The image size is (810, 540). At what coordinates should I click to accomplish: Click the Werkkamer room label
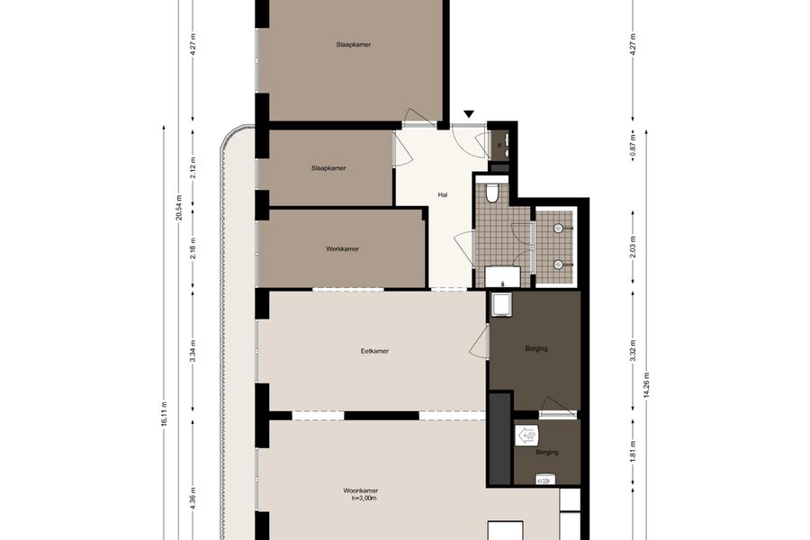point(343,248)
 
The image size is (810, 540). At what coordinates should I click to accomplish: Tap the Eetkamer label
point(374,351)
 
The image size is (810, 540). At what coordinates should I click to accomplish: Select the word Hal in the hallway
point(442,194)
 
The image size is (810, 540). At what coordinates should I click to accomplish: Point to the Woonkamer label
point(361,490)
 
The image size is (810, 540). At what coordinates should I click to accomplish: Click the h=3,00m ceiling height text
point(364,498)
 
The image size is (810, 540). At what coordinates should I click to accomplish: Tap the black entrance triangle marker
point(469,114)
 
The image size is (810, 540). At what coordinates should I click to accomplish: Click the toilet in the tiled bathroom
point(491,193)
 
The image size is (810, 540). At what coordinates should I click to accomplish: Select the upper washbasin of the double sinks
point(558,228)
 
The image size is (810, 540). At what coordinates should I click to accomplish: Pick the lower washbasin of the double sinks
point(558,265)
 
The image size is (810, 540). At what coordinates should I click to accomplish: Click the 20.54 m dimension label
point(179,207)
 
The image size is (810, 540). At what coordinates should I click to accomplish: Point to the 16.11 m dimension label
point(165,414)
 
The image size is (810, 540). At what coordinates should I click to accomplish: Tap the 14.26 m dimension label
point(647,385)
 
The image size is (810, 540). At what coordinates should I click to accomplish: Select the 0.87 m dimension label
point(634,146)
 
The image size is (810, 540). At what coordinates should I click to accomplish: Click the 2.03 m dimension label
point(634,247)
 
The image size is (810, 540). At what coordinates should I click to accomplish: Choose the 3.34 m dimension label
point(193,351)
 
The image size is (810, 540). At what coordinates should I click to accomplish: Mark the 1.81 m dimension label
point(634,451)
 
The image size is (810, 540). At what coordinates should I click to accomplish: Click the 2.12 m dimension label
point(193,166)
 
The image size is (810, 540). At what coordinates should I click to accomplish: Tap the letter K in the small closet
point(499,146)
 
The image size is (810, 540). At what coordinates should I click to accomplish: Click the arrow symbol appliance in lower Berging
point(527,436)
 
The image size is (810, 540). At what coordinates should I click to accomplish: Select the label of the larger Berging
point(536,348)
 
